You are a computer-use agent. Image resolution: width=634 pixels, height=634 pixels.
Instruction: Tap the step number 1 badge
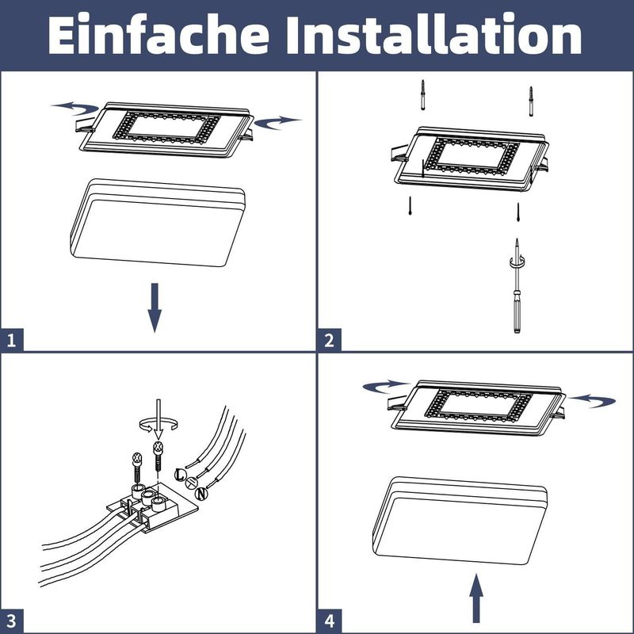(x=11, y=342)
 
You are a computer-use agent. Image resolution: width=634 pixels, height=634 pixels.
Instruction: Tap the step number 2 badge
(x=329, y=342)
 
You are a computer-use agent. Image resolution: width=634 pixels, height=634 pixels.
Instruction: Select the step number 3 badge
(x=11, y=621)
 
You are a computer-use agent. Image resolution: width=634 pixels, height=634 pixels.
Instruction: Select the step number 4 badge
(x=329, y=621)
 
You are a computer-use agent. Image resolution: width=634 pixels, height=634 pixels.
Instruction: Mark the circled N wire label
(x=201, y=494)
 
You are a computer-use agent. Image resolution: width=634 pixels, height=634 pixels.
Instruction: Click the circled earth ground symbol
(x=190, y=484)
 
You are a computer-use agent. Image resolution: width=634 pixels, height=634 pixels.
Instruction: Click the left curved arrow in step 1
(x=75, y=107)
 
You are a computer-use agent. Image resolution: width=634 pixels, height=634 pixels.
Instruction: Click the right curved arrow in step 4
(x=593, y=400)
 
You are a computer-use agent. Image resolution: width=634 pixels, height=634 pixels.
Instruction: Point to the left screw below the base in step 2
(x=410, y=207)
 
